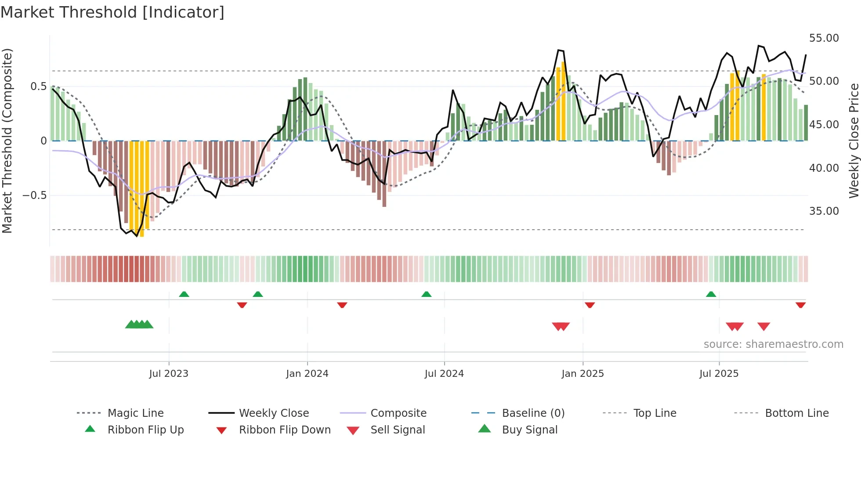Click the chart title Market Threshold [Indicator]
(112, 12)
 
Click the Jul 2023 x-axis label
(169, 374)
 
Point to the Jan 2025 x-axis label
(582, 374)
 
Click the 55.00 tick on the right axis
(824, 38)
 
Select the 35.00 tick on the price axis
(824, 211)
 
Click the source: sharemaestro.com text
(773, 344)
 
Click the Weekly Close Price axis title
(854, 141)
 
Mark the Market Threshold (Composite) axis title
(7, 141)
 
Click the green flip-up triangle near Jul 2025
(711, 294)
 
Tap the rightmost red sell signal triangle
(763, 326)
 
